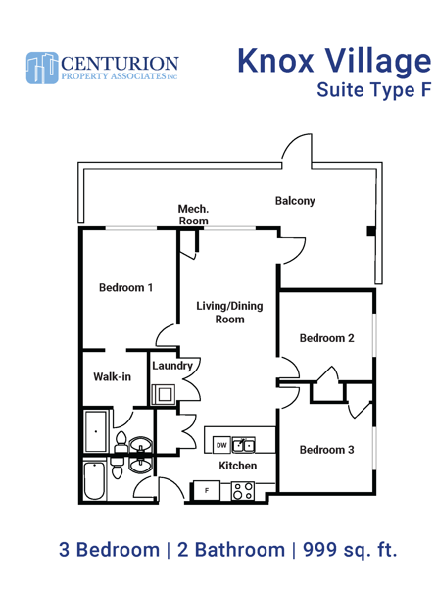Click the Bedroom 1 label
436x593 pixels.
point(125,288)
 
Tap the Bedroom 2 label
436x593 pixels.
point(326,338)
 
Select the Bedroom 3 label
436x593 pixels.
point(326,450)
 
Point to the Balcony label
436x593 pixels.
point(295,201)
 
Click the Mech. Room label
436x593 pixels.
point(193,215)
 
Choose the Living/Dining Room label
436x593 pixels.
point(229,313)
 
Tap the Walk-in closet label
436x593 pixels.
point(113,376)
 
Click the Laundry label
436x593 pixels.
point(172,366)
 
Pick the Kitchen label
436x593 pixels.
point(238,466)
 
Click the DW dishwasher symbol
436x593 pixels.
point(221,445)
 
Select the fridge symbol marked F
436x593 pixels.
point(207,491)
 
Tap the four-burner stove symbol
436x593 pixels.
point(242,491)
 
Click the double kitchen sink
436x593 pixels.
point(244,445)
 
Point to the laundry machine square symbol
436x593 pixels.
point(164,394)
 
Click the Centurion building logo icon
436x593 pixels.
point(42,68)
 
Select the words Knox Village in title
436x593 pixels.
point(334,61)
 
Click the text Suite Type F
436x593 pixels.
point(374,90)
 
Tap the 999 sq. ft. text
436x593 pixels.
point(350,550)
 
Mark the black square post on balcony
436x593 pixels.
point(371,231)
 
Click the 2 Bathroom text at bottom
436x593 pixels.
point(231,550)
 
